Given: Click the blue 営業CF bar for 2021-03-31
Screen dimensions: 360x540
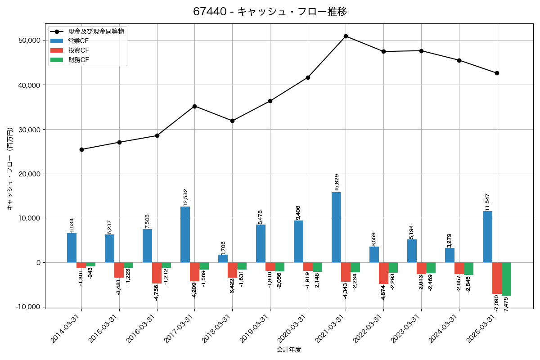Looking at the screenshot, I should point(336,227).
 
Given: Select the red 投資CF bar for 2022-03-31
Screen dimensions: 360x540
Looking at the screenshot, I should point(383,273).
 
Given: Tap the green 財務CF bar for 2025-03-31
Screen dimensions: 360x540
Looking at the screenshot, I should point(506,279).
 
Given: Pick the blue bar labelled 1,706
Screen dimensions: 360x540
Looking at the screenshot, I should point(223,259).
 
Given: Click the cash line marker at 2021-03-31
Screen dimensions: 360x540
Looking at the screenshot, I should point(346,36).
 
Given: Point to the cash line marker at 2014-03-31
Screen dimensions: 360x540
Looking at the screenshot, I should point(81,149).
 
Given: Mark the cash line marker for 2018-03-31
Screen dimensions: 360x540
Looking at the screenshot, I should point(232,121).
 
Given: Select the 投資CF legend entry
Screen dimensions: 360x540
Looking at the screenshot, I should point(79,50).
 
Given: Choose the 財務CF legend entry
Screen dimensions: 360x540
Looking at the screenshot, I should point(79,60).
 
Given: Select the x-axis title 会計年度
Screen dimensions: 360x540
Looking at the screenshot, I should point(289,350).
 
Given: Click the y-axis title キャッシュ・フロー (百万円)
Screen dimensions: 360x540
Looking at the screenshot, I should point(9,174).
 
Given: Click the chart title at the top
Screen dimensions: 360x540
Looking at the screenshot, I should point(270,12).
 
